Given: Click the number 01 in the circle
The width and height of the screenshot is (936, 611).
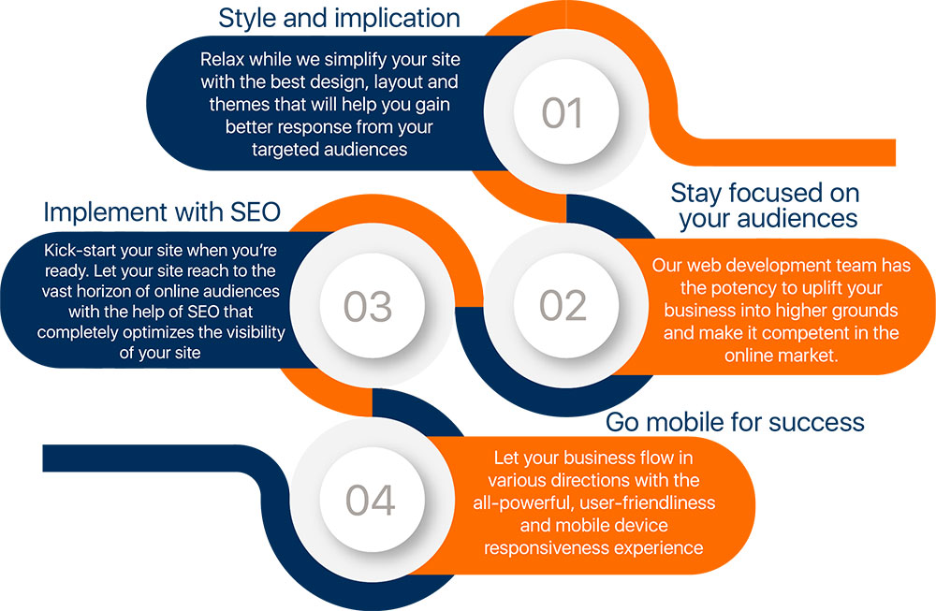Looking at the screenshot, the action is click(x=562, y=113).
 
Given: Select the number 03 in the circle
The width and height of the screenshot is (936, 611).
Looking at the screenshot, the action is click(x=368, y=307).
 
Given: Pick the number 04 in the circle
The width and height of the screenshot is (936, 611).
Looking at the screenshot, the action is click(x=370, y=500).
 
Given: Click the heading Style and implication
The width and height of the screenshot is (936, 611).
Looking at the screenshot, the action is click(x=339, y=18).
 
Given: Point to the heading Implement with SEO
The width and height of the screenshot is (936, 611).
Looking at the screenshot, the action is click(x=162, y=212).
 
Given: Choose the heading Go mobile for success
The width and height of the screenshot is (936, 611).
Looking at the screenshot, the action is click(x=735, y=422).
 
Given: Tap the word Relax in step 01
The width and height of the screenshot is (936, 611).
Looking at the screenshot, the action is click(x=222, y=60).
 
